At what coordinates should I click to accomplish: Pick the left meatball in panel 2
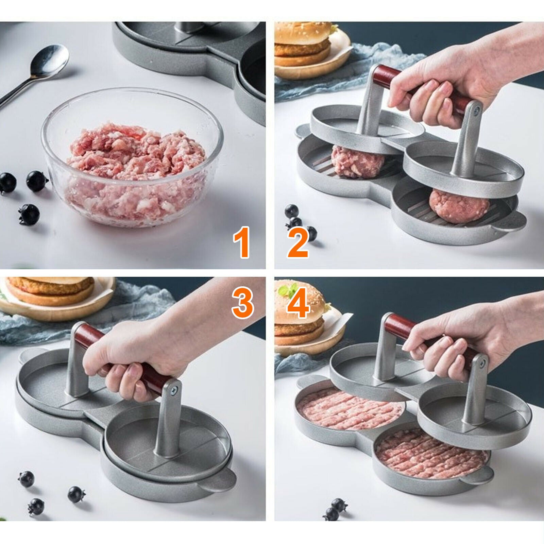point(358,161)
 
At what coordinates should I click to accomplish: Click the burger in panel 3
point(51,291)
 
